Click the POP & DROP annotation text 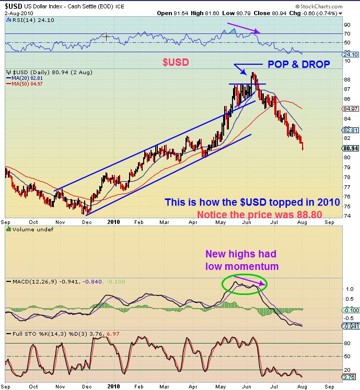[x=299, y=64]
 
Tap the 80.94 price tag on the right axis [x=351, y=148]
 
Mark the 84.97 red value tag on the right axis [x=351, y=109]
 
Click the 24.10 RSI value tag [x=351, y=54]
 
